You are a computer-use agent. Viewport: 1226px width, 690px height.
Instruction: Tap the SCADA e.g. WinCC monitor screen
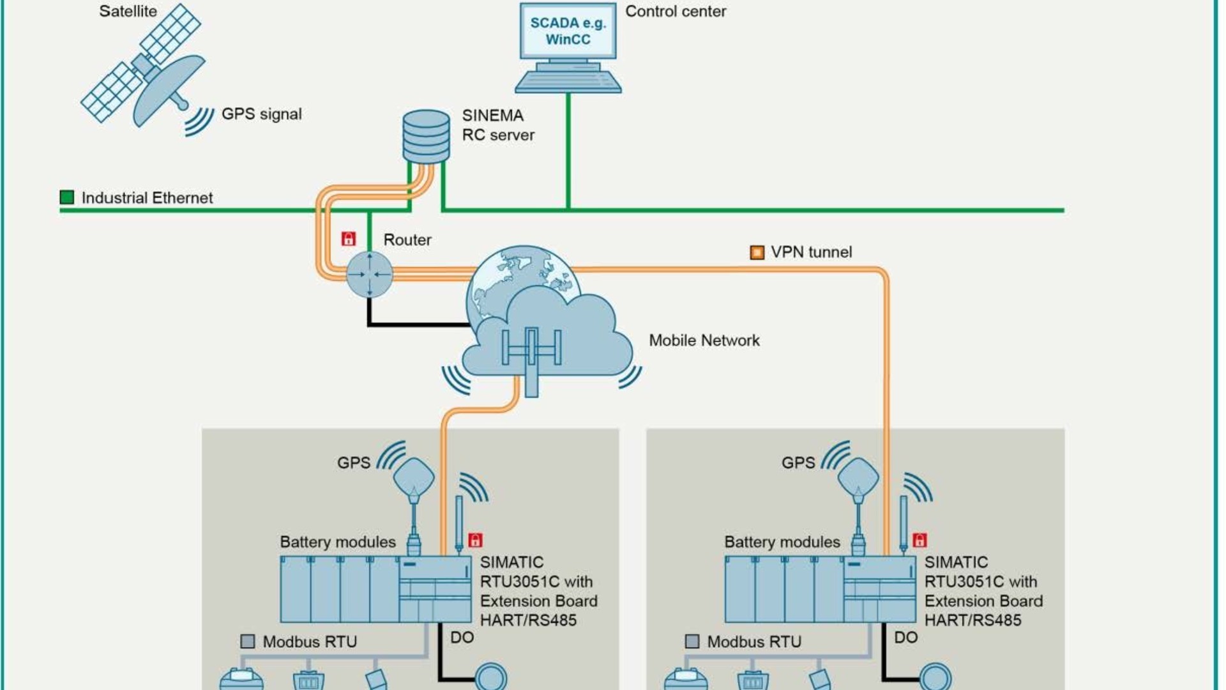tap(568, 31)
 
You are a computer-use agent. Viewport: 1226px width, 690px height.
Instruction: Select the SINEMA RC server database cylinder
tap(426, 137)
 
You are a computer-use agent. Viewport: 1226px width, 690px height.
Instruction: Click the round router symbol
tap(369, 274)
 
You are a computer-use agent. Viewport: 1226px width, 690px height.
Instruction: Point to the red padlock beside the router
tap(348, 239)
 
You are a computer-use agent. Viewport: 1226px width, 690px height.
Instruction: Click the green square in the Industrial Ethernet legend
tap(67, 197)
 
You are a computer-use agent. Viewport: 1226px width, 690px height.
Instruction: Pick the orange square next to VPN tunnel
tap(757, 252)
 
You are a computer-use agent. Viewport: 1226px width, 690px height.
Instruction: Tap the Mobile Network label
tap(704, 341)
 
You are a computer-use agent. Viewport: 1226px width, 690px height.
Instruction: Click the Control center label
tap(675, 11)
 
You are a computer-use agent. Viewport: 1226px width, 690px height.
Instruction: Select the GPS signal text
tap(261, 114)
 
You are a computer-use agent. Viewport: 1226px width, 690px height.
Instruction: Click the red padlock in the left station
tap(475, 540)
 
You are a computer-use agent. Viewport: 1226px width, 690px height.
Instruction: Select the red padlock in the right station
tap(919, 540)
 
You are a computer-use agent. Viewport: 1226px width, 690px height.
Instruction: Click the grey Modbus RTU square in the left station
tap(248, 641)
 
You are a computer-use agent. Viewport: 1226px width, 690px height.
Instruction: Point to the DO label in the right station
tap(905, 638)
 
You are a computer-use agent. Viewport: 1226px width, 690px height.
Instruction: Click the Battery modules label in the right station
tap(782, 542)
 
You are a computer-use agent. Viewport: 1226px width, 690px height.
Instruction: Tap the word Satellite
tap(128, 11)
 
